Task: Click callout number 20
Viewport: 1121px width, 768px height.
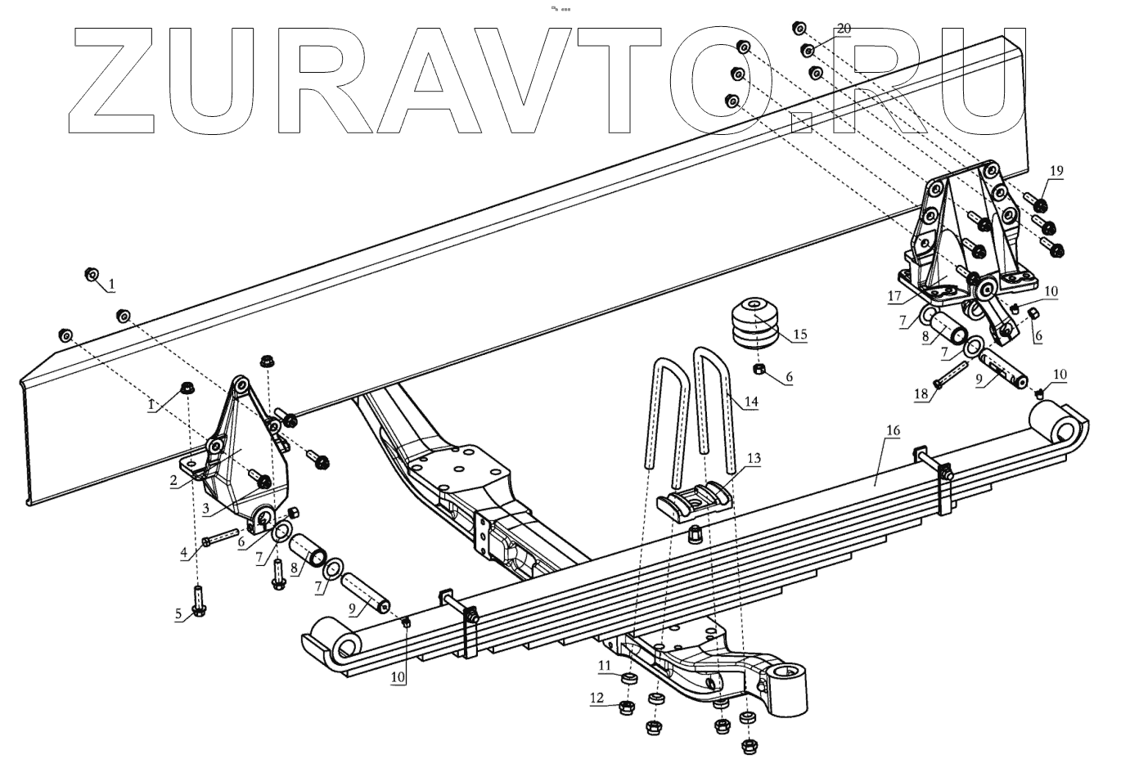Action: pyautogui.click(x=844, y=29)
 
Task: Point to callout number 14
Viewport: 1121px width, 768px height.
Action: pyautogui.click(x=751, y=402)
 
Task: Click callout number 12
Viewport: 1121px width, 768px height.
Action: pyautogui.click(x=597, y=698)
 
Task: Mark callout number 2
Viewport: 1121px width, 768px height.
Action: pyautogui.click(x=174, y=481)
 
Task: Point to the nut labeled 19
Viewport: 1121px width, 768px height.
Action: pyautogui.click(x=1042, y=202)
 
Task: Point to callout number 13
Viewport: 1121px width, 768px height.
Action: pyautogui.click(x=753, y=459)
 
